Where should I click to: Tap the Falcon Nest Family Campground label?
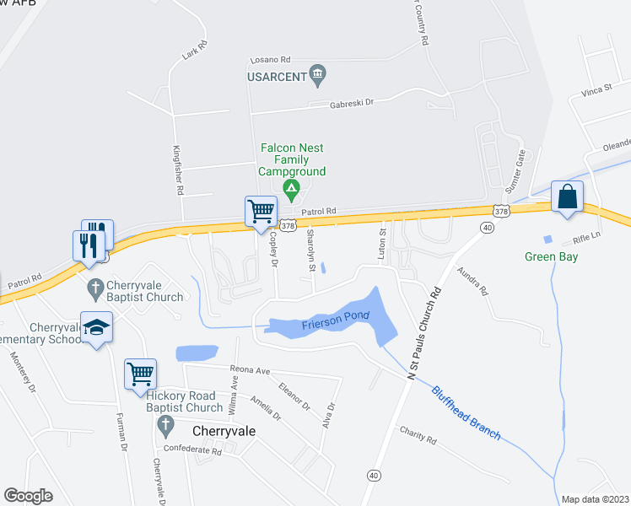tap(292, 160)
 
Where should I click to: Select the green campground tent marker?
tap(291, 188)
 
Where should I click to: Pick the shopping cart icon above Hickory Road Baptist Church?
tap(140, 373)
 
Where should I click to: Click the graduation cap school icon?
tap(96, 326)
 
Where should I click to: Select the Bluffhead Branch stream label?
tap(467, 412)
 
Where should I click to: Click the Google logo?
tap(28, 496)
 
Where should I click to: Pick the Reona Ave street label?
tap(250, 370)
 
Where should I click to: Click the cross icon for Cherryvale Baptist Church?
tap(95, 288)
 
